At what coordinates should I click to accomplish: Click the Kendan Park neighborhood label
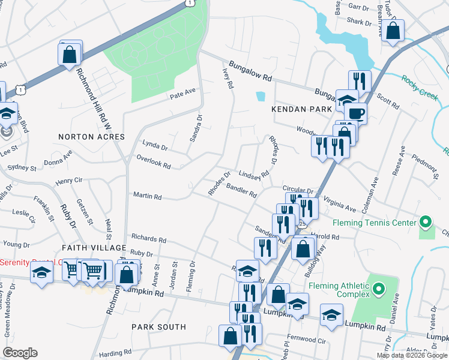coord(301,109)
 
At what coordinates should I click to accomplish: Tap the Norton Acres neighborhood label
coord(91,137)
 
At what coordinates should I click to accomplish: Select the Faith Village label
coord(94,248)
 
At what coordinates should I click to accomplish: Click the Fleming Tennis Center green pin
coord(426,223)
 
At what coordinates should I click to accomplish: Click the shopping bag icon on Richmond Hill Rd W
coord(70,54)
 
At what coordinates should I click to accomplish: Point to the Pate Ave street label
coord(183,93)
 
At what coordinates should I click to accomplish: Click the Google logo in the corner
coord(20,353)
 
